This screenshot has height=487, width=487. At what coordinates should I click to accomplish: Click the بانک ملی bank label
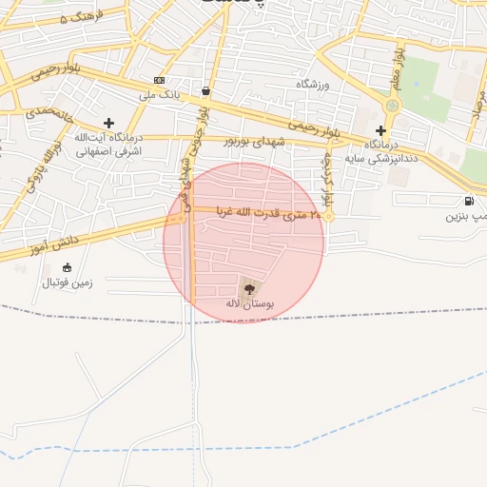point(159,94)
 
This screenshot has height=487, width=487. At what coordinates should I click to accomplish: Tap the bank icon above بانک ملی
point(159,80)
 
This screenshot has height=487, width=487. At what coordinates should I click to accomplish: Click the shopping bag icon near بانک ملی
point(206,91)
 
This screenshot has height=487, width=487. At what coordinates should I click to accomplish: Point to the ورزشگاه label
point(311,85)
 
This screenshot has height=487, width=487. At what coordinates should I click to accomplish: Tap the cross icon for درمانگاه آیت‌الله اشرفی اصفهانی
point(109,123)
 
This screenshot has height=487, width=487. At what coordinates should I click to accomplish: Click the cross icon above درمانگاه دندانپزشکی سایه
point(380,130)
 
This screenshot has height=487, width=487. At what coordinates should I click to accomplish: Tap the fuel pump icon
point(469,201)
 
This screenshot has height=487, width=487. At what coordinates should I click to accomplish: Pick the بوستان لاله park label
point(249,302)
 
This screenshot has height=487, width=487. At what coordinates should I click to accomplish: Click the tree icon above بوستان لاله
point(249,287)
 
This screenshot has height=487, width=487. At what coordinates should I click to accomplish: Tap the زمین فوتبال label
point(67,282)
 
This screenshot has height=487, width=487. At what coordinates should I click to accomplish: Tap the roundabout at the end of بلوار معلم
point(392,105)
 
